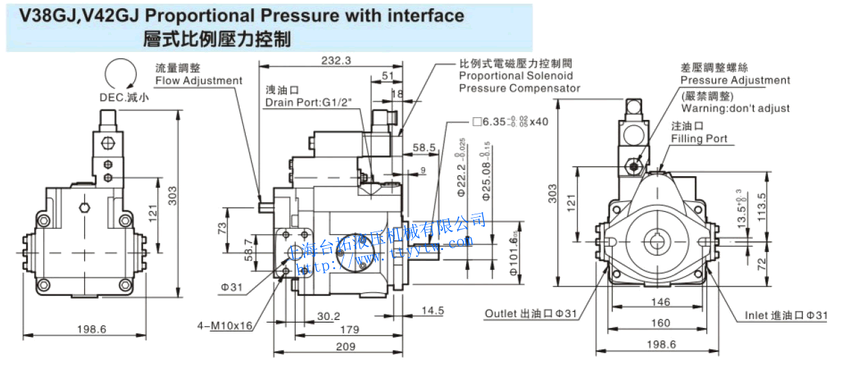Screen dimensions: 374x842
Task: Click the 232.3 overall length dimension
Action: pyautogui.click(x=336, y=60)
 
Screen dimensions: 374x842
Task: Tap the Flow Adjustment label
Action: pyautogui.click(x=199, y=81)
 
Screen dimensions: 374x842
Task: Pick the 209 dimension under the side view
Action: pyautogui.click(x=345, y=347)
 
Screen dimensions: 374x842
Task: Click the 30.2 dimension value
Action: pyautogui.click(x=329, y=316)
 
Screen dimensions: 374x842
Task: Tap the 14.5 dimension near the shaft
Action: pyautogui.click(x=432, y=310)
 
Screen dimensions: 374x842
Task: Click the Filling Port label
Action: pyautogui.click(x=699, y=139)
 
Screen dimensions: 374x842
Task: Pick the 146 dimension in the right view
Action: pyautogui.click(x=659, y=301)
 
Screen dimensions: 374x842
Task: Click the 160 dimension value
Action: pyautogui.click(x=661, y=323)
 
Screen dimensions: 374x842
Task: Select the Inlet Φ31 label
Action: pyautogui.click(x=788, y=316)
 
